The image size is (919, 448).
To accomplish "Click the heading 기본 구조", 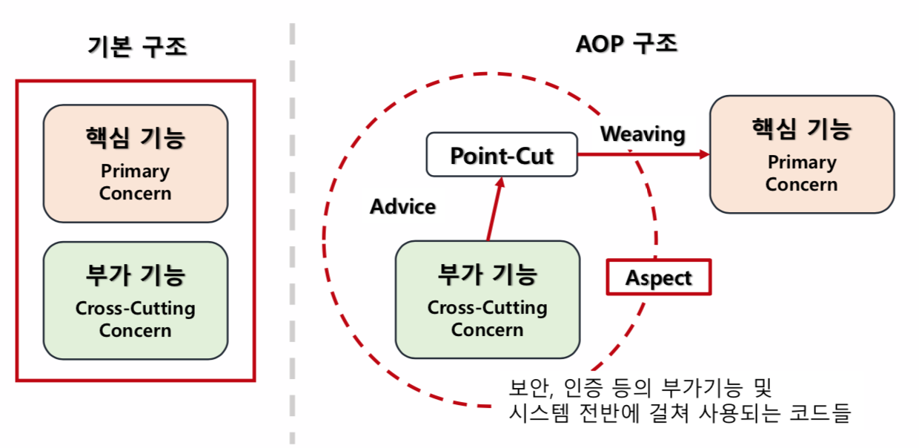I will pos(136,47).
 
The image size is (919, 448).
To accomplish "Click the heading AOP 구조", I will pos(626,45).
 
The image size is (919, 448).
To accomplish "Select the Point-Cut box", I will pos(502,155).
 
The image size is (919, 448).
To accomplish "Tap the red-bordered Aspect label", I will pos(658,277).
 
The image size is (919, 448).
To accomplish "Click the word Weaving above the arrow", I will pos(643,134).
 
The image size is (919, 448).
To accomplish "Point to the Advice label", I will pos(402,207).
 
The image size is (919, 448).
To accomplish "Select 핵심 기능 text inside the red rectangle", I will pos(136,139).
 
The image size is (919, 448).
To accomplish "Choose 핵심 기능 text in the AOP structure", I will pos(801,130).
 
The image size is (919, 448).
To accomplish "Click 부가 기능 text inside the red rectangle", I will pos(136,276).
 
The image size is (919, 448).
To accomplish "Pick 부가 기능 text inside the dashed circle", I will pos(488,275).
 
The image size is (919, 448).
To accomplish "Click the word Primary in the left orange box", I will pos(136,171).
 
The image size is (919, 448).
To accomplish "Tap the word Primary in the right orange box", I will pos(801,162).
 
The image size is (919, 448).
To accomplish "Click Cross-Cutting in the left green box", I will pos(136,309).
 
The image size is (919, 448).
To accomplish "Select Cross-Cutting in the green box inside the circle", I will pos(488,308).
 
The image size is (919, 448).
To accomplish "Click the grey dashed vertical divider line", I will pos(292,223).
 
